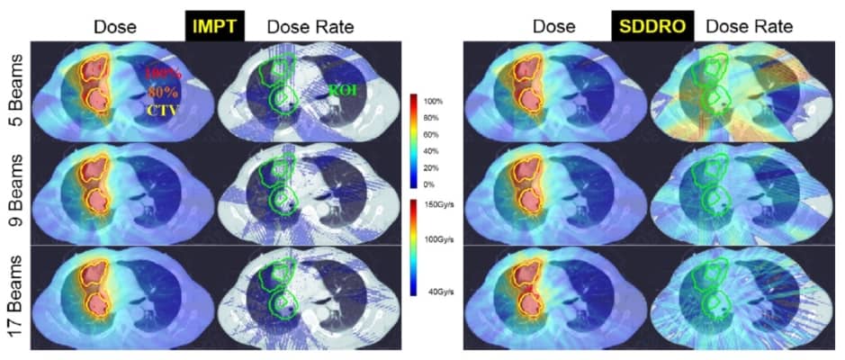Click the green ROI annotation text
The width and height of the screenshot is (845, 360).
pyautogui.click(x=346, y=90)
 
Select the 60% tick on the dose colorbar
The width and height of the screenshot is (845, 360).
pyautogui.click(x=435, y=135)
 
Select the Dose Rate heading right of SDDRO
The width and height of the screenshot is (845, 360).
pyautogui.click(x=749, y=27)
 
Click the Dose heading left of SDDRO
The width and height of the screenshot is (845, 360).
pyautogui.click(x=553, y=27)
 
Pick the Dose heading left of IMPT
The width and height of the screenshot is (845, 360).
pyautogui.click(x=120, y=27)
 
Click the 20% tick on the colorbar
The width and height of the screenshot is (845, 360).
pyautogui.click(x=435, y=167)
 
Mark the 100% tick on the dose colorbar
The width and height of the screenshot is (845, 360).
pyautogui.click(x=436, y=102)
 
